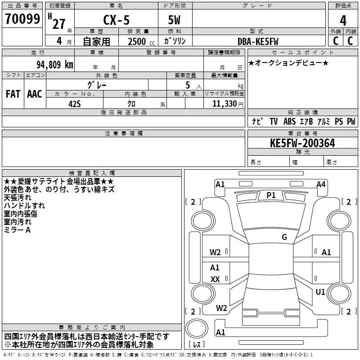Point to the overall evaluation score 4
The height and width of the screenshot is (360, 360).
(343, 20)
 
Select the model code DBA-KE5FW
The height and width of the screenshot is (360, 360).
(258, 41)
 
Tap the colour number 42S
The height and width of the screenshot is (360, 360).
(74, 103)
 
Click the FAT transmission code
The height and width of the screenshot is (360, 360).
(13, 94)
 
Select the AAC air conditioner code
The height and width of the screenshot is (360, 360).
(35, 94)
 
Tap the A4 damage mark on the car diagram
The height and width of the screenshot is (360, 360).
(321, 184)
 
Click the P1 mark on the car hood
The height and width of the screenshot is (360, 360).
(271, 195)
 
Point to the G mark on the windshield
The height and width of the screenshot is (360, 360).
(284, 237)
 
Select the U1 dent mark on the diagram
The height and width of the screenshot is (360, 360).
(320, 292)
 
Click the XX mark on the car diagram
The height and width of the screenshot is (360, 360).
(216, 279)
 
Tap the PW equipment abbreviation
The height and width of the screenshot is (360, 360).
(351, 121)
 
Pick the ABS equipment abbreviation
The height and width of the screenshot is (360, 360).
(289, 121)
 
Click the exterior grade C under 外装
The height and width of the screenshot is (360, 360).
(336, 41)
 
